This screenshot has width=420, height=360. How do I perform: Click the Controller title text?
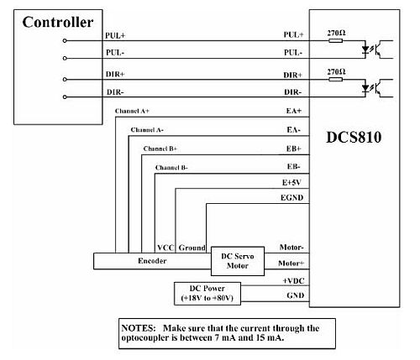click(x=58, y=22)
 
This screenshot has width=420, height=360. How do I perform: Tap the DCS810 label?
click(x=354, y=138)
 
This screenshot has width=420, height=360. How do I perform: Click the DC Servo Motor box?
click(x=238, y=261)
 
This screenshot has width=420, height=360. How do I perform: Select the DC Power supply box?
click(x=207, y=294)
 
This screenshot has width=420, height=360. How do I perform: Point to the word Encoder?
click(x=152, y=261)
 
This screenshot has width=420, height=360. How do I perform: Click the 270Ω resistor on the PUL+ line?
click(x=335, y=40)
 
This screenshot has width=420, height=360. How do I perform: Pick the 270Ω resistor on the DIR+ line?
click(x=335, y=80)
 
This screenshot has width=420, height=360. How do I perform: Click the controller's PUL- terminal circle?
click(x=65, y=58)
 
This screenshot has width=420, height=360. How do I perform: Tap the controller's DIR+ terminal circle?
click(x=65, y=80)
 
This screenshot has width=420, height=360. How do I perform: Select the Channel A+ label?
click(x=132, y=111)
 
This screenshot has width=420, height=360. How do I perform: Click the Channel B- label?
click(x=171, y=168)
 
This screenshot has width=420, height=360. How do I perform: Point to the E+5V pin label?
click(x=291, y=183)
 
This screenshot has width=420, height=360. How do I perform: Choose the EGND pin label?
click(x=291, y=198)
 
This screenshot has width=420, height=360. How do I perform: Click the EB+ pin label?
click(x=293, y=149)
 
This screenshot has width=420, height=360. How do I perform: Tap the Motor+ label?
click(x=291, y=263)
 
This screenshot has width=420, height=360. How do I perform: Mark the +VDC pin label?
click(x=293, y=280)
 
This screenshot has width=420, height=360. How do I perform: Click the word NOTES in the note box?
click(x=139, y=328)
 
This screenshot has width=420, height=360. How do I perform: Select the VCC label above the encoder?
click(x=165, y=248)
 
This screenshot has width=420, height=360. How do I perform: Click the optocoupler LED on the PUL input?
click(x=365, y=50)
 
